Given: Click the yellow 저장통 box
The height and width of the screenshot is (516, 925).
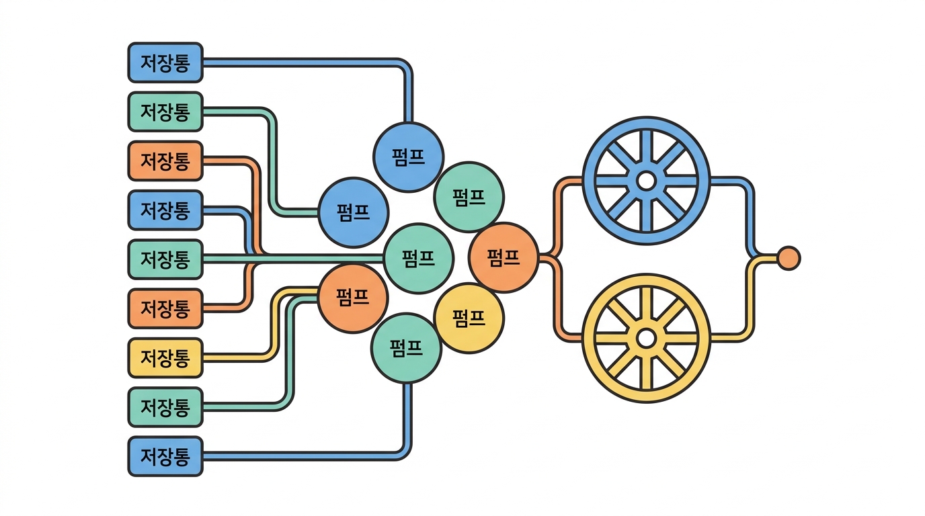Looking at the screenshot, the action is click(x=165, y=358).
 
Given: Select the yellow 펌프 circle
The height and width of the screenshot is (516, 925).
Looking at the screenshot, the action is click(x=469, y=318).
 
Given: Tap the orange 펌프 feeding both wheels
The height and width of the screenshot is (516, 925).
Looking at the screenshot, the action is click(x=504, y=257).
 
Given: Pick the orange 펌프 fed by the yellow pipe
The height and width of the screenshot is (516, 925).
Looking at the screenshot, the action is click(x=353, y=298).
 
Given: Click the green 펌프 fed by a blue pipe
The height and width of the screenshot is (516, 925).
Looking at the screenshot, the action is click(x=406, y=348).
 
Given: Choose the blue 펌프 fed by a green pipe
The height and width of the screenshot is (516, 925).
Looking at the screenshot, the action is click(x=354, y=212).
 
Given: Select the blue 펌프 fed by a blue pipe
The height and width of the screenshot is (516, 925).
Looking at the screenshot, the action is click(x=409, y=157).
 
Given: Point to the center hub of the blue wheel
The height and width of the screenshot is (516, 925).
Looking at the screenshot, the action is click(x=646, y=181).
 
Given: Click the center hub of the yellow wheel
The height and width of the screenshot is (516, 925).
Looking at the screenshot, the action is click(x=646, y=339).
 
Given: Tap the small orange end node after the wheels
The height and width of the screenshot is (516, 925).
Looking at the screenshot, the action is click(x=789, y=259).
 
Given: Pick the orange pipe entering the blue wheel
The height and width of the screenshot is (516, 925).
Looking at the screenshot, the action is click(x=558, y=214).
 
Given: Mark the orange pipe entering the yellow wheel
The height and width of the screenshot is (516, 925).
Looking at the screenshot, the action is click(x=558, y=302).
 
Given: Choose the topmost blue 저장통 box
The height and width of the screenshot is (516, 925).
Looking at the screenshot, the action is click(x=165, y=62).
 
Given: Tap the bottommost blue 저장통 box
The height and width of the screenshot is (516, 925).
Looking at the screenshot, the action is click(x=165, y=457).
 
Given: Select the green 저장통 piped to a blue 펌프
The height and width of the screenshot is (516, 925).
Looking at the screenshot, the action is click(x=165, y=112).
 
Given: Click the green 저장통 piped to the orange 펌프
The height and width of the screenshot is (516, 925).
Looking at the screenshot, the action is click(x=165, y=407).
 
